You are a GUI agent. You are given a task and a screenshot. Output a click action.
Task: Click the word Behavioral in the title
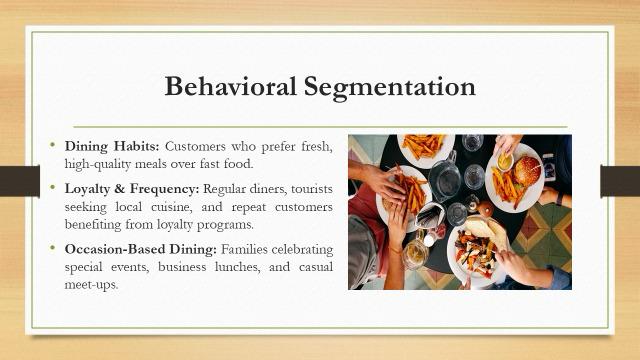click(231, 86)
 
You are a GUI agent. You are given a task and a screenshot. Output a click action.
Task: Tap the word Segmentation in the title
click(390, 88)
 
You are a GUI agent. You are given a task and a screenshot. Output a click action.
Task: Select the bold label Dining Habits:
click(111, 147)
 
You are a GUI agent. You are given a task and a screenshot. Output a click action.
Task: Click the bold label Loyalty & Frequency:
click(132, 189)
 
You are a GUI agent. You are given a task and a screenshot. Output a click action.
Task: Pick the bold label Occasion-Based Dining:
click(140, 249)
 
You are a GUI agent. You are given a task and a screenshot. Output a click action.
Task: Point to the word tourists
click(312, 189)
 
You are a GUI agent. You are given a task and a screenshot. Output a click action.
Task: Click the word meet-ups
click(91, 285)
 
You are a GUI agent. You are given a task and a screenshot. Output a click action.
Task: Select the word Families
click(244, 249)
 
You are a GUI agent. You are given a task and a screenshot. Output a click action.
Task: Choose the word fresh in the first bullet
click(317, 147)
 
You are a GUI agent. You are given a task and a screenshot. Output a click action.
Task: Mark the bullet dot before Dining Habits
click(52, 144)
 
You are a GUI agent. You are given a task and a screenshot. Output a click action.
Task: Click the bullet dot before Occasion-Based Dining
click(52, 247)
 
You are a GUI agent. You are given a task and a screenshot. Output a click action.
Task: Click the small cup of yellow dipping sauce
click(505, 162)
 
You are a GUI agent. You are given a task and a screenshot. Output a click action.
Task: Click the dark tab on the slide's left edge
click(20, 181)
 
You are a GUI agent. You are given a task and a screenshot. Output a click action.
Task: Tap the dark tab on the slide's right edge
click(620, 181)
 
